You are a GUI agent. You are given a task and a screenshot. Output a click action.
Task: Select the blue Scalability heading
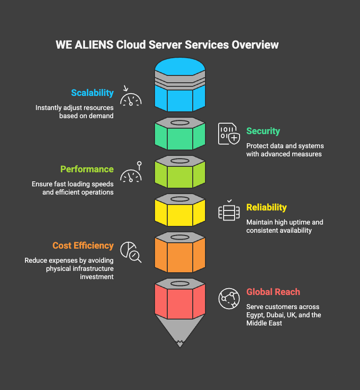point(92,93)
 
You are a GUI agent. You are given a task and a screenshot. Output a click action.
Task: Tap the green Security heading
point(263,131)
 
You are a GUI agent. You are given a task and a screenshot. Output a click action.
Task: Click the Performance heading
point(87,169)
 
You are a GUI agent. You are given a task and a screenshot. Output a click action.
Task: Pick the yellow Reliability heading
point(266,207)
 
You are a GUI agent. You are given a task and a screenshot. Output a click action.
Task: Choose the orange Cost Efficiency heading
point(83,245)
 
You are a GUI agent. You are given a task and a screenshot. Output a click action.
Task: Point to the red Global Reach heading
point(273,292)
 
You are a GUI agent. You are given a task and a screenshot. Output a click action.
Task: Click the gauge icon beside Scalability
point(130,96)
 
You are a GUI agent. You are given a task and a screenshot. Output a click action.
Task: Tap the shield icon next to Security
point(229,134)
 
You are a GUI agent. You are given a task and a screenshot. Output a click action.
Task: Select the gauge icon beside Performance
point(131,173)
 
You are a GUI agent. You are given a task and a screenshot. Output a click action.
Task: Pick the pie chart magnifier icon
point(130,251)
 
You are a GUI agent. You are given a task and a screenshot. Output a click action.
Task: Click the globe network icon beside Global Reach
point(229,299)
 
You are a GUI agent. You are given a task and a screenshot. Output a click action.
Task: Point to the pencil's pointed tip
point(180,343)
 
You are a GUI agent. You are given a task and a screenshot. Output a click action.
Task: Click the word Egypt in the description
point(256,315)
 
